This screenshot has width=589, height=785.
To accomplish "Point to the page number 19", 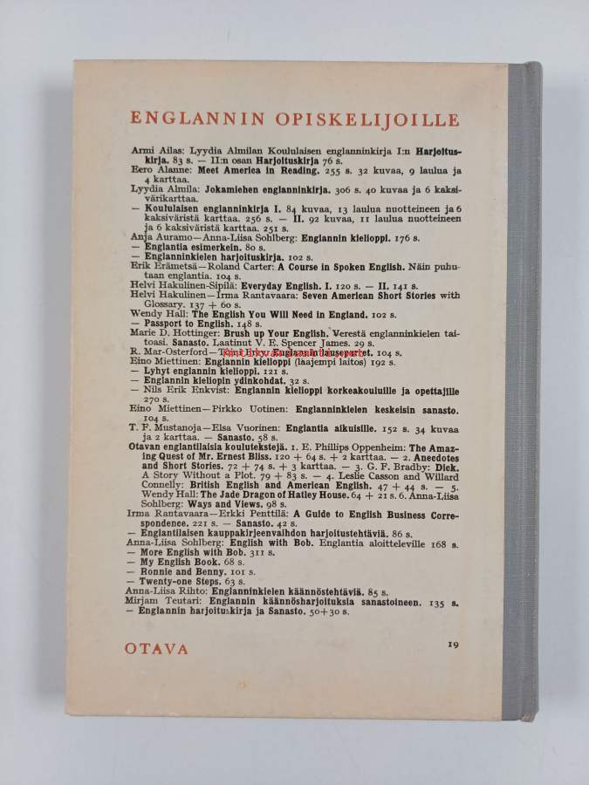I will (452, 645).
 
